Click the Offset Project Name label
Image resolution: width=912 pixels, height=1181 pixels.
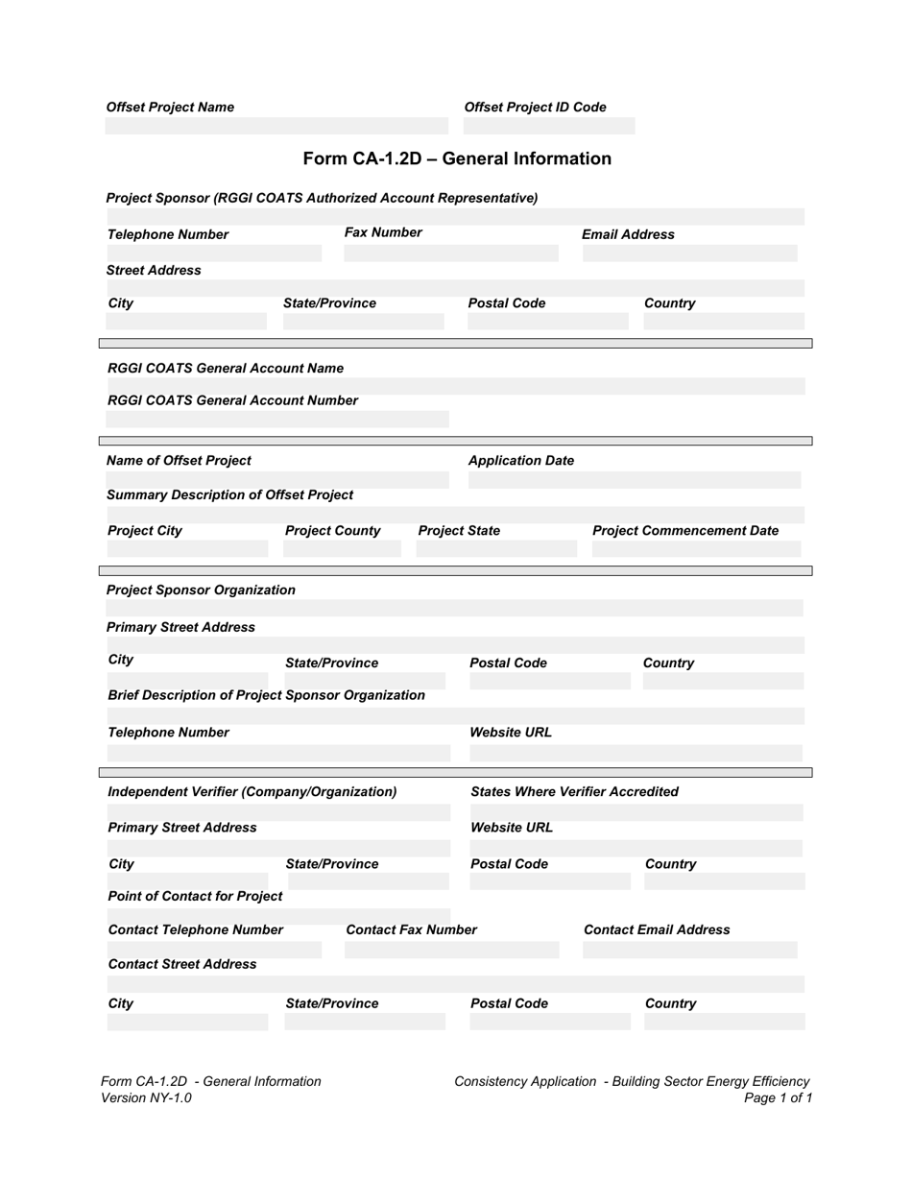click(x=170, y=108)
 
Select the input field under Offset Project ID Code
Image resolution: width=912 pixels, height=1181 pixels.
click(x=549, y=126)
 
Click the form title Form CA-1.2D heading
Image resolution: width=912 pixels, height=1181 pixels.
click(x=457, y=158)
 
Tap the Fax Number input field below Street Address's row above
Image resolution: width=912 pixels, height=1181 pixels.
click(x=450, y=253)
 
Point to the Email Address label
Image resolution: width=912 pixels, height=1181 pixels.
click(x=628, y=234)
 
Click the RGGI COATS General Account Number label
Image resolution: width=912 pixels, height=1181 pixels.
click(x=232, y=400)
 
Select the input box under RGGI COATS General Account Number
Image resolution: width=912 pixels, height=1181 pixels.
click(x=276, y=420)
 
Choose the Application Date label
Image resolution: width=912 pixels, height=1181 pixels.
click(x=520, y=461)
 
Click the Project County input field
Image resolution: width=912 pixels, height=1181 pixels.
click(x=342, y=549)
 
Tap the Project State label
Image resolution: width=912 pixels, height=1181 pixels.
click(x=459, y=531)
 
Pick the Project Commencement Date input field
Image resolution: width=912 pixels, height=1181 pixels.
click(x=696, y=549)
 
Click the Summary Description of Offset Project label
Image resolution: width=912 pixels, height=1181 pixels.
click(x=229, y=495)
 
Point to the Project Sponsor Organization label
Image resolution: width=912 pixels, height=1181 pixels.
click(x=201, y=590)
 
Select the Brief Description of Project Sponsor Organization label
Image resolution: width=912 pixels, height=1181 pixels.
click(x=266, y=695)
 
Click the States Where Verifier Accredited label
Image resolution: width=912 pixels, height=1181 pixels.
click(x=574, y=791)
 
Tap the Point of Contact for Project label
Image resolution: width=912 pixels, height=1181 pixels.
click(x=195, y=896)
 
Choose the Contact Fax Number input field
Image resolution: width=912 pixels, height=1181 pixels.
click(x=451, y=950)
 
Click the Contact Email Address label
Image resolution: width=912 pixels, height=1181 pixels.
click(x=657, y=929)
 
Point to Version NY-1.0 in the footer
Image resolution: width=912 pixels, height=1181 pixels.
click(x=146, y=1097)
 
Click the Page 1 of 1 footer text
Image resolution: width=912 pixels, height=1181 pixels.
click(x=778, y=1097)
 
